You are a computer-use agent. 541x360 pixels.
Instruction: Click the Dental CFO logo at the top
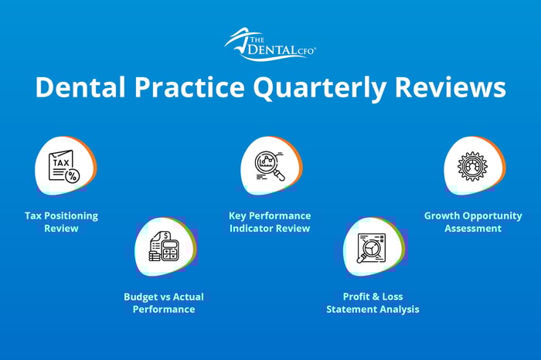pos(270,44)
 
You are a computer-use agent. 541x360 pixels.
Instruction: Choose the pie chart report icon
pos(373,248)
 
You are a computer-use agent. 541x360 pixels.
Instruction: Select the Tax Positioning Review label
pos(61,222)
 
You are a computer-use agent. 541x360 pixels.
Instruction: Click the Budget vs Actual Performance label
pos(164,303)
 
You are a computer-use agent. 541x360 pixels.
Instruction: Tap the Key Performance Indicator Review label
pos(270,222)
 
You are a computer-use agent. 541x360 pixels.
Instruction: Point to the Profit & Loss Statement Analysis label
pos(373,303)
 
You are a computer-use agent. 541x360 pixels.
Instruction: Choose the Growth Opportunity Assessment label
pos(473,222)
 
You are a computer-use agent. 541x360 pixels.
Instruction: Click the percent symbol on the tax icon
pos(73,176)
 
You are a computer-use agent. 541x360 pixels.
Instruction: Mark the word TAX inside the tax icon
pos(60,162)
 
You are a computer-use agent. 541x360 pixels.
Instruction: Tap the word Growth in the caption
pos(441,216)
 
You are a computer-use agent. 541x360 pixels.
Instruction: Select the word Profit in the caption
pos(357,297)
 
